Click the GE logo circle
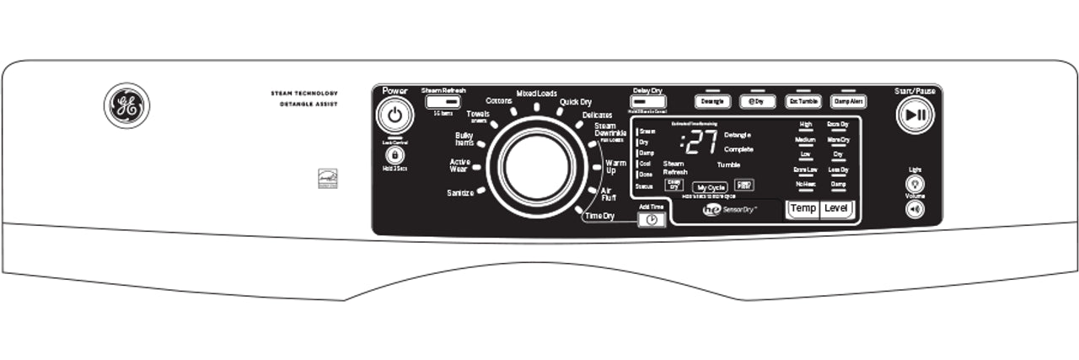click(x=126, y=106)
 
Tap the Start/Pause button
click(x=915, y=116)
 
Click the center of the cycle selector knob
click(x=536, y=166)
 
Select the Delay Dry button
click(x=647, y=101)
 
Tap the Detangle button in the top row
click(x=712, y=101)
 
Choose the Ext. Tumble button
click(x=803, y=101)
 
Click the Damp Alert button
click(x=849, y=101)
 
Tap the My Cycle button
click(x=710, y=187)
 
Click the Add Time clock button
click(x=651, y=219)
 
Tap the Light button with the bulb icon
click(x=915, y=183)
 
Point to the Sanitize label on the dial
click(x=460, y=193)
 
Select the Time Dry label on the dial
click(x=599, y=217)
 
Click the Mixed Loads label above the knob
click(x=536, y=94)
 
